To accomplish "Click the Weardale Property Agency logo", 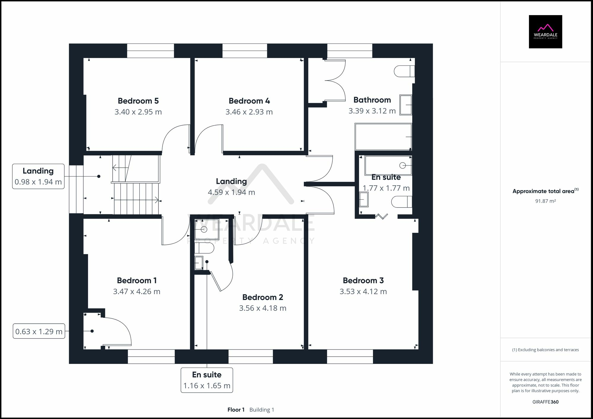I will point(545,32).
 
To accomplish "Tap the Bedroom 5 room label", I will point(138,101).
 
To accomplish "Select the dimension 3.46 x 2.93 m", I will point(249,112).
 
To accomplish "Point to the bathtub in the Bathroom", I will point(383,137).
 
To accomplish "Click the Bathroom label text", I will point(372,100).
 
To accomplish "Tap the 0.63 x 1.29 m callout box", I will point(39,331).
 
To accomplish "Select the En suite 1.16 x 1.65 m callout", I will point(207,380).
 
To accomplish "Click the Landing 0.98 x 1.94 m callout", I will point(38,176).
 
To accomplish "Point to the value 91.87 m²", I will point(545,201).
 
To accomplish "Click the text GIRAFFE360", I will point(545,402).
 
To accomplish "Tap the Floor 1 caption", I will point(236,410).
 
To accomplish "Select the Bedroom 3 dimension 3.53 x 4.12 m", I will point(363,292).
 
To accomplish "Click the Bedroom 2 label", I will point(263,297).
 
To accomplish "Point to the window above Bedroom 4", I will point(245,51).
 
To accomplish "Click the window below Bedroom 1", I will point(151,357).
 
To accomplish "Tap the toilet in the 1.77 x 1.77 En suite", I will point(401,202).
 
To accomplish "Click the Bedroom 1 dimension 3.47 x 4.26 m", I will point(137,292).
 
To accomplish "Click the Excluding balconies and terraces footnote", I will point(545,350).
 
